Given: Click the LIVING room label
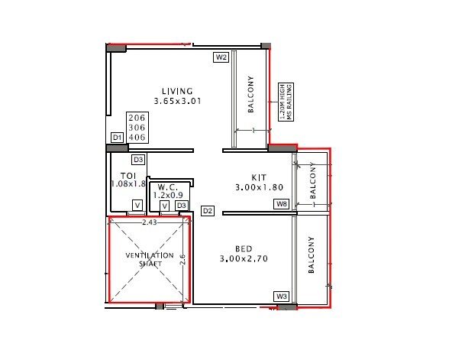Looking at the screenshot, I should pyautogui.click(x=176, y=92).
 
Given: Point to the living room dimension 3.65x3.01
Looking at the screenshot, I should pyautogui.click(x=176, y=102).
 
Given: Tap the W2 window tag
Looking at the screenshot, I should pyautogui.click(x=221, y=57).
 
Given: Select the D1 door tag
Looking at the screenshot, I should pyautogui.click(x=118, y=138).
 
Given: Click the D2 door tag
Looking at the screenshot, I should pyautogui.click(x=207, y=210).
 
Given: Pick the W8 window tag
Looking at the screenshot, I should pyautogui.click(x=282, y=204).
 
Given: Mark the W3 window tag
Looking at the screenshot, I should pyautogui.click(x=282, y=296).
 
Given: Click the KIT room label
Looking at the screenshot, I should pyautogui.click(x=258, y=177).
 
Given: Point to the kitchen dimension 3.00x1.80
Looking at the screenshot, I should pyautogui.click(x=258, y=187).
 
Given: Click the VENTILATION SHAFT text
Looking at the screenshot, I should pyautogui.click(x=150, y=259).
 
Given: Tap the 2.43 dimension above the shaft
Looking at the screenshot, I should pyautogui.click(x=150, y=222).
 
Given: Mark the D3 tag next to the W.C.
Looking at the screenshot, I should pyautogui.click(x=181, y=206).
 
